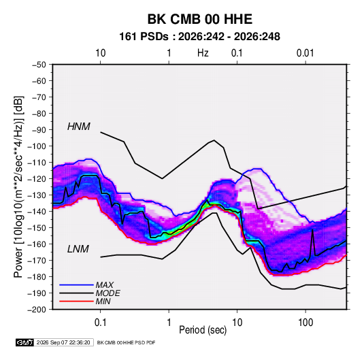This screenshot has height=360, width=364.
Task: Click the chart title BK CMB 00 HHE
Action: (200, 19)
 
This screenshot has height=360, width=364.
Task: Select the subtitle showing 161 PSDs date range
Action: (199, 37)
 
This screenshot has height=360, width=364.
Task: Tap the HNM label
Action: (79, 127)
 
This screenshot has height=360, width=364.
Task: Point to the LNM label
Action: (78, 249)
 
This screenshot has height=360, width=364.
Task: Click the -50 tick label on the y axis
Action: (39, 65)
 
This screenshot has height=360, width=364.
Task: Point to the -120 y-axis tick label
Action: (37, 179)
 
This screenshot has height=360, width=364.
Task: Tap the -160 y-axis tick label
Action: (37, 244)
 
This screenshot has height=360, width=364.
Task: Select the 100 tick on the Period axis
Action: (305, 323)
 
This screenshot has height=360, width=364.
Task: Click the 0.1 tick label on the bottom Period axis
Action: (100, 323)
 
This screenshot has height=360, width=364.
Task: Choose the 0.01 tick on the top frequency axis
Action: (305, 53)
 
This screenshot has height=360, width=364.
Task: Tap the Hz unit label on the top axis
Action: (203, 53)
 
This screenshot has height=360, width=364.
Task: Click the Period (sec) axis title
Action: (203, 330)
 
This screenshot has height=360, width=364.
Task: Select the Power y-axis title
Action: (18, 186)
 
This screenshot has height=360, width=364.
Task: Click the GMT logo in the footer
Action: (25, 342)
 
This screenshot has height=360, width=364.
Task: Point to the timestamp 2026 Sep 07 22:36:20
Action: (63, 342)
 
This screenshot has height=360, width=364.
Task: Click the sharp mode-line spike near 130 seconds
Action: (313, 229)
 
